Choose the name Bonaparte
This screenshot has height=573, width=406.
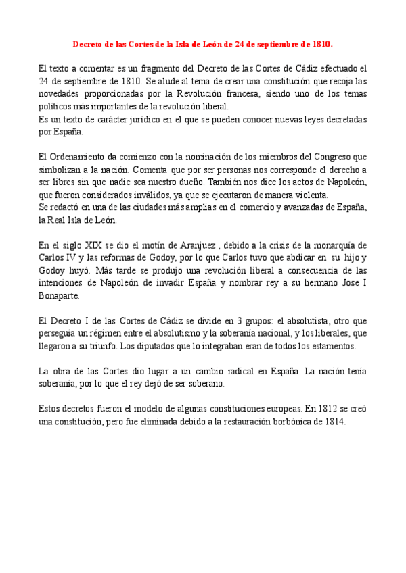coord(60,296)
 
